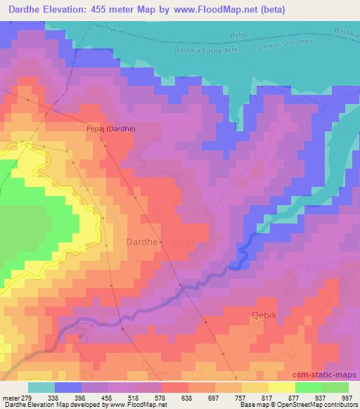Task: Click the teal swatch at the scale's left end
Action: click(41, 387)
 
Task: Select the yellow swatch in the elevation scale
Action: click(282, 387)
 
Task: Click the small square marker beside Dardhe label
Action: click(161, 242)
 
